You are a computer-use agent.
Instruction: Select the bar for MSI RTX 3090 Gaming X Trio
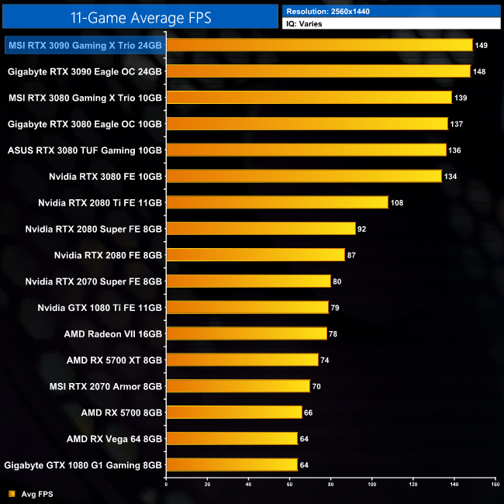(x=319, y=45)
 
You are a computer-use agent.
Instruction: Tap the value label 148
(x=479, y=71)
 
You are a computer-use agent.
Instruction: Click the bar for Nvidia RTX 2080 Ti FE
(x=277, y=202)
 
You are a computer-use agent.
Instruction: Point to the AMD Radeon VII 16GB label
(x=114, y=333)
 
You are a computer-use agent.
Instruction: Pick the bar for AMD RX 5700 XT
(x=242, y=360)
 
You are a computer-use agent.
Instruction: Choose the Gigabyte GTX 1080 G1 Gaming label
(x=84, y=464)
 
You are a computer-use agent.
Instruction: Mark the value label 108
(x=397, y=202)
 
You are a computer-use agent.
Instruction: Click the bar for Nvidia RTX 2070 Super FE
(x=248, y=281)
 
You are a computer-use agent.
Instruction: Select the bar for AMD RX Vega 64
(x=232, y=438)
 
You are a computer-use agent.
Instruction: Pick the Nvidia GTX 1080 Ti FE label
(x=100, y=307)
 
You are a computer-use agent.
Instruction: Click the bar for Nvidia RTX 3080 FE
(x=304, y=176)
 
